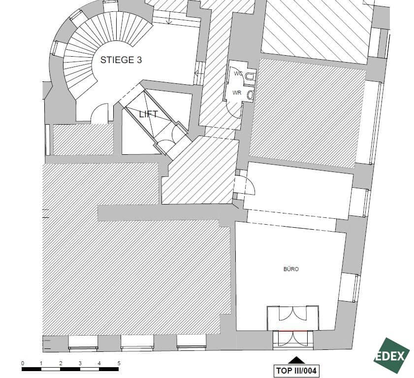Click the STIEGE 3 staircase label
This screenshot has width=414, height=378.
(x=121, y=60)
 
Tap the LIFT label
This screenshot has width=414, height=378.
(x=148, y=114)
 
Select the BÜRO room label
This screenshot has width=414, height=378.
(x=291, y=269)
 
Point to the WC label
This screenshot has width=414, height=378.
(x=238, y=73)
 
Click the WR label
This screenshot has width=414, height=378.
(x=237, y=93)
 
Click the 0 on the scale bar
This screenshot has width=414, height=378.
(x=23, y=363)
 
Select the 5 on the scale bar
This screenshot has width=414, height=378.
(x=119, y=363)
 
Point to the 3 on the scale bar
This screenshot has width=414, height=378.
(x=80, y=363)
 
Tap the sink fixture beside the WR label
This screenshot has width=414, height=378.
(x=251, y=95)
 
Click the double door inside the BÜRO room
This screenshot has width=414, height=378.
(x=293, y=315)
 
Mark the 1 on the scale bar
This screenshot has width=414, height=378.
(x=41, y=363)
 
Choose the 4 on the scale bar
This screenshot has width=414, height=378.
(x=99, y=363)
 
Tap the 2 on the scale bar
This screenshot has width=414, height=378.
(x=61, y=363)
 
